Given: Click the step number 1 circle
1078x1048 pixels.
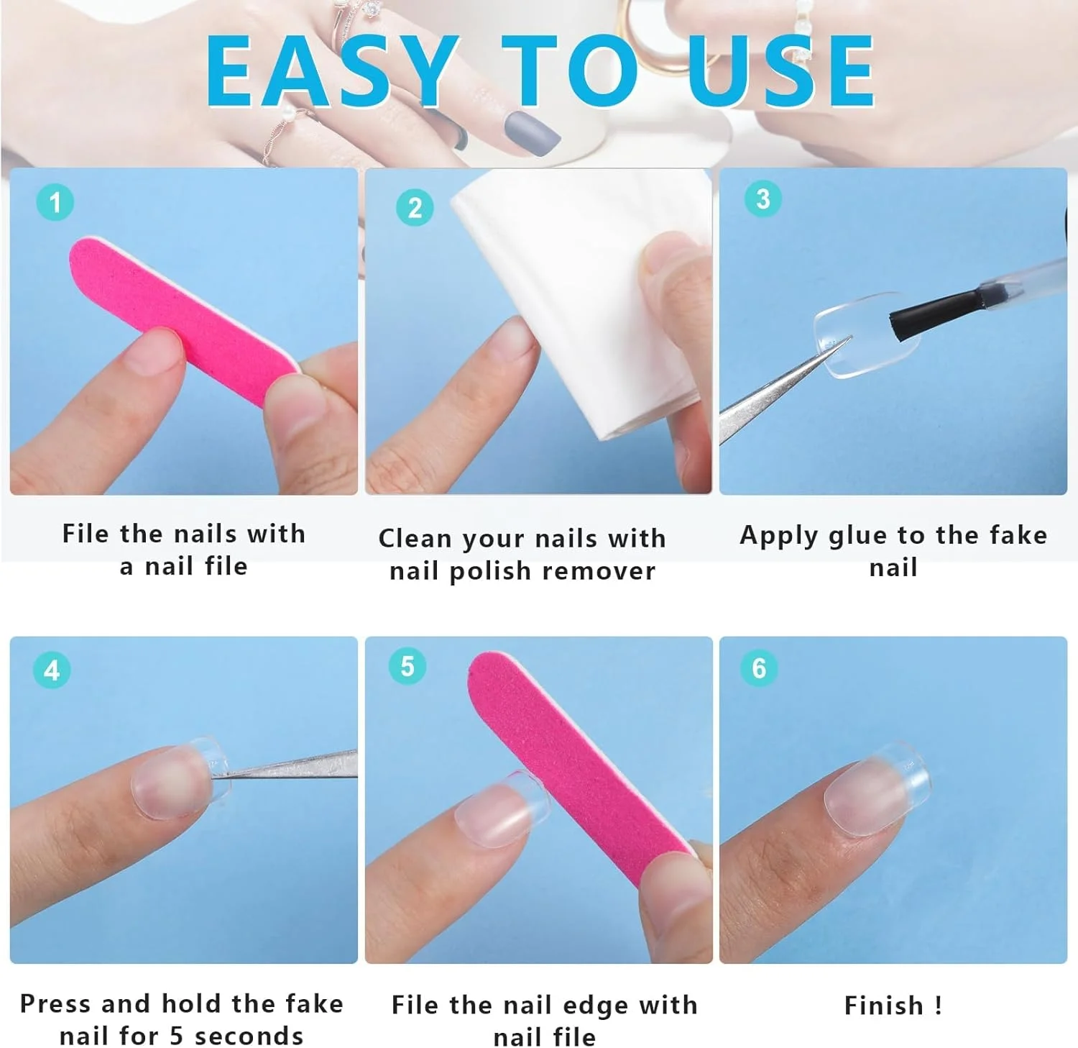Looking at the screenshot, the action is click(x=55, y=202).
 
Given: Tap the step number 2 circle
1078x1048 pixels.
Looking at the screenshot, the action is click(x=415, y=208).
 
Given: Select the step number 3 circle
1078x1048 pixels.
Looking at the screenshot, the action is click(x=763, y=199).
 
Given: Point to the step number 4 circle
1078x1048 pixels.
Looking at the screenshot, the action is click(x=52, y=670).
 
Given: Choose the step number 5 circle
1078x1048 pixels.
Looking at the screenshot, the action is click(x=407, y=666).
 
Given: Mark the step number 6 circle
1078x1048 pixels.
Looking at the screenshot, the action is click(x=759, y=668).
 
